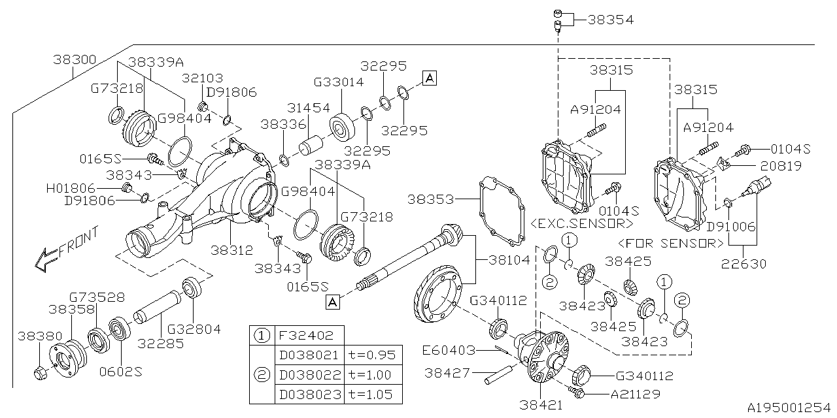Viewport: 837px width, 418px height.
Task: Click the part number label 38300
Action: [x=75, y=59]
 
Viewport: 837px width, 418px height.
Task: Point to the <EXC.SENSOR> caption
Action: [x=582, y=223]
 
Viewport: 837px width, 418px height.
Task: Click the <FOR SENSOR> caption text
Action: [x=671, y=244]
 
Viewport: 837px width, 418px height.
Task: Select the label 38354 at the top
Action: [x=610, y=20]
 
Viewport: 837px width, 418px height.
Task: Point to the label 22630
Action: [x=743, y=264]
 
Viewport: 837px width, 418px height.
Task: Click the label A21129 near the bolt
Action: [x=634, y=394]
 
